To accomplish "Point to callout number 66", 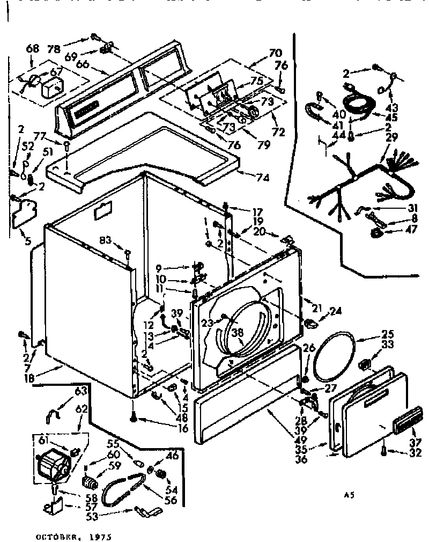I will (82, 63).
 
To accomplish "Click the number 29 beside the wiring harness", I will (392, 138).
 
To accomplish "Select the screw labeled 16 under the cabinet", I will (132, 415).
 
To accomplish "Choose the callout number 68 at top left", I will (33, 49).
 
